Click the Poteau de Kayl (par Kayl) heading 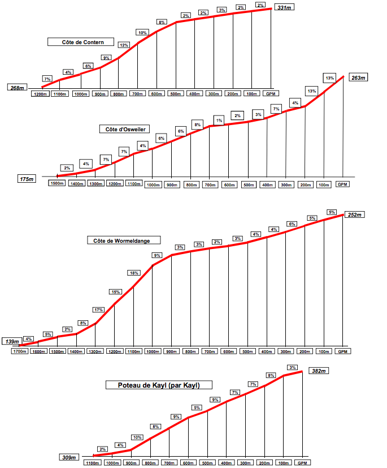click(x=154, y=385)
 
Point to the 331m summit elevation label click(x=284, y=7)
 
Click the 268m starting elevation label click(x=17, y=88)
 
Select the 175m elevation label click(x=27, y=179)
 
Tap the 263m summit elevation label click(x=358, y=78)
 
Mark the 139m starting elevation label click(x=12, y=342)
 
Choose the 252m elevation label click(x=355, y=214)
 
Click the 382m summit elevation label click(x=319, y=371)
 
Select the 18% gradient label click(x=134, y=273)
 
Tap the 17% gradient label click(x=99, y=310)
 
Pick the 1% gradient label click(x=219, y=120)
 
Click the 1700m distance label click(x=20, y=351)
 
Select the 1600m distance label click(x=38, y=351)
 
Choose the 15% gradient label click(x=116, y=292)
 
